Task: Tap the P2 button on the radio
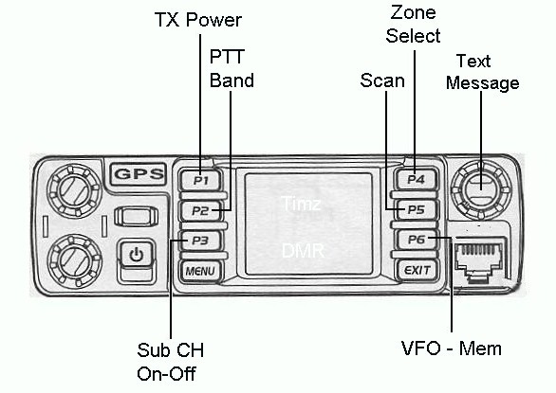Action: click(201, 211)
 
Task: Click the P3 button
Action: click(201, 241)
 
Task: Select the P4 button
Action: click(416, 179)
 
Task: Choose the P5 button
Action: click(417, 209)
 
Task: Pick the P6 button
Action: click(417, 240)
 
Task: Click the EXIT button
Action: click(417, 271)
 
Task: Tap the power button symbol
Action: click(137, 255)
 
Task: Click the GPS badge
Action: click(139, 174)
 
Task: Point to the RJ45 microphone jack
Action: click(479, 259)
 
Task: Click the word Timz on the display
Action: click(302, 204)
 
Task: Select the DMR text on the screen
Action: click(304, 251)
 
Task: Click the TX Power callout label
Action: click(198, 20)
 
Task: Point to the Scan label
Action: click(382, 80)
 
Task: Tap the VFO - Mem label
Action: click(452, 348)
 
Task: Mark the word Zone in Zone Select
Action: click(413, 12)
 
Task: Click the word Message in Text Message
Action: click(483, 83)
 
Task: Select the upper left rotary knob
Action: click(74, 191)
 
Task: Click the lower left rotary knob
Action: click(74, 260)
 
